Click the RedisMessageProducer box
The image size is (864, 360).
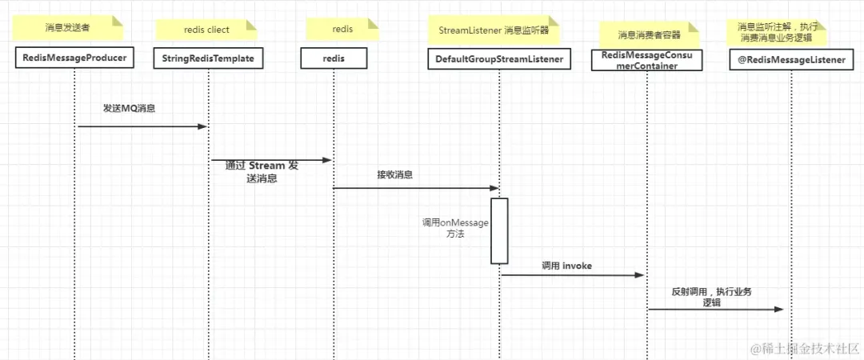pos(74,58)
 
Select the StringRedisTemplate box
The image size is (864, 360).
pos(208,58)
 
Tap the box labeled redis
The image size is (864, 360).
pos(334,58)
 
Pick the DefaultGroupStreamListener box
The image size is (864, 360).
pos(499,58)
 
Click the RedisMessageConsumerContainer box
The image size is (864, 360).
pos(646,60)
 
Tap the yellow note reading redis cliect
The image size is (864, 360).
pos(206,30)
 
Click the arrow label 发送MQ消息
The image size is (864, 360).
pos(129,108)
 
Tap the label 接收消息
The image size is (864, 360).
pos(395,174)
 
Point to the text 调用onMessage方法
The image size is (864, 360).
pos(455,229)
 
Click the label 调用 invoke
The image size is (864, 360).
pos(566,265)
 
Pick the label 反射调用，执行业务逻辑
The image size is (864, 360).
pos(711,297)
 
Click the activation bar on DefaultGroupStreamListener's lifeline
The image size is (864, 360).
pos(499,230)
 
